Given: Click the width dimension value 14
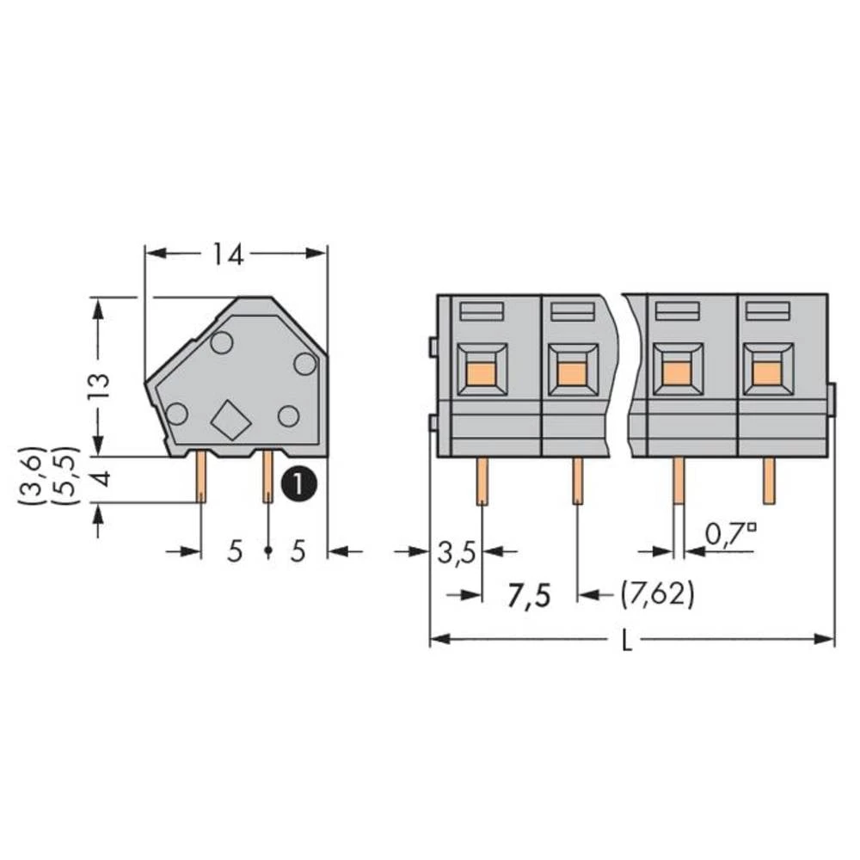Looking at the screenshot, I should tap(229, 254).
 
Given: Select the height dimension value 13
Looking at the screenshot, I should tap(100, 384).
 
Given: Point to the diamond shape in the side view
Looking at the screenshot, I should tap(230, 420).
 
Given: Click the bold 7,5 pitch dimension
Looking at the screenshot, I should tap(528, 594).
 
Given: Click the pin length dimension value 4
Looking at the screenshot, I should tap(101, 478).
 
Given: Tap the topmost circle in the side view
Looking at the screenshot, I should tap(222, 343).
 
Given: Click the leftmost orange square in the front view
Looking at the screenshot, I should tap(482, 373).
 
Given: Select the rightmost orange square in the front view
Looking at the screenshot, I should tap(768, 373).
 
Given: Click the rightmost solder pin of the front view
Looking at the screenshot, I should tap(769, 480).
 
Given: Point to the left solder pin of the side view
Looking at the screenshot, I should tap(200, 477).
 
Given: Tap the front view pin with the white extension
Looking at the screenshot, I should tap(678, 490).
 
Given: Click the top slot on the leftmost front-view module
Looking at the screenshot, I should tap(481, 310).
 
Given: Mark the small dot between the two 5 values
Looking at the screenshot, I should tap(267, 550).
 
